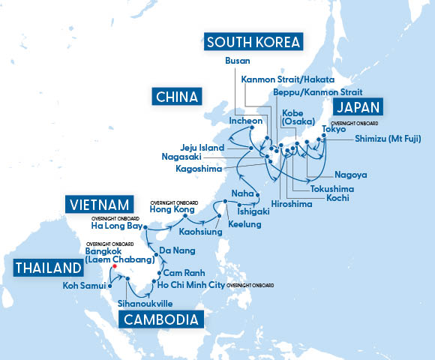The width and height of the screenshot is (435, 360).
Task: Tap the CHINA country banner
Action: (177, 97)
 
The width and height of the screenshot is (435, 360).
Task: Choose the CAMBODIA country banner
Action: (160, 319)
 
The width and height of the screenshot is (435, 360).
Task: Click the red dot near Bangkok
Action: (114, 266)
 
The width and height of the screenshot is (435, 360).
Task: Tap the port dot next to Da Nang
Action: (155, 256)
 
